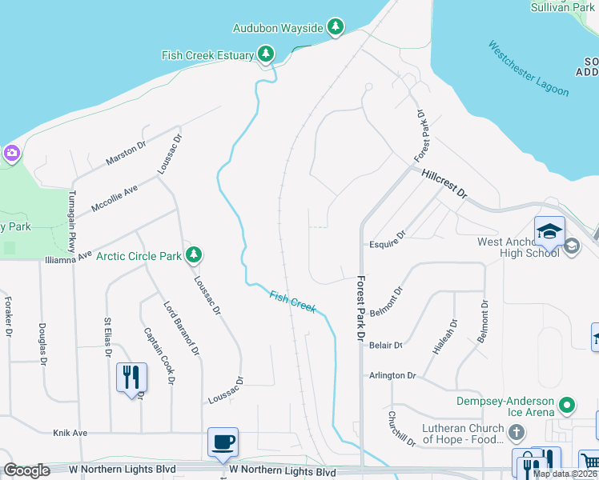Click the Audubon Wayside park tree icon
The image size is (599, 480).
(336, 28)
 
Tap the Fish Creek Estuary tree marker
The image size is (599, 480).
(266, 54)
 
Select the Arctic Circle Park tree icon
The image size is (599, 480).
(193, 255)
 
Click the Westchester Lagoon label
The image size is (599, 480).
(529, 68)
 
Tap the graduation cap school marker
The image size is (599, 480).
(549, 231)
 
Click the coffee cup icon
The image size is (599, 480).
(223, 441)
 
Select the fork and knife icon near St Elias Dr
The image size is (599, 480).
(131, 377)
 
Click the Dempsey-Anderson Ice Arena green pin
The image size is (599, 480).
(567, 405)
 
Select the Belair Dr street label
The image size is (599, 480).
(385, 345)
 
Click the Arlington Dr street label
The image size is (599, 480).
(392, 375)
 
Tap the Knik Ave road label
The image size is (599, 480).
(70, 433)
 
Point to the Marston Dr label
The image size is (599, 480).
(127, 154)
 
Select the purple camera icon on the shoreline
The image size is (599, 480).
(11, 152)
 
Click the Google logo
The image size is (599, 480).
(27, 470)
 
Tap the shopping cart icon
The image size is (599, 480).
(589, 462)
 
